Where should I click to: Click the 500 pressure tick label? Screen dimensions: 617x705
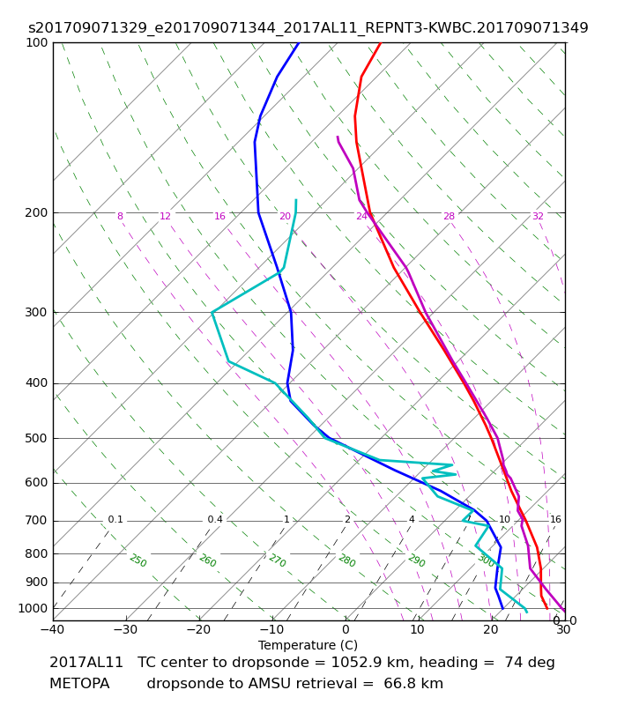point(36,438)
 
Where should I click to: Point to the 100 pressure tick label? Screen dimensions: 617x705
point(36,42)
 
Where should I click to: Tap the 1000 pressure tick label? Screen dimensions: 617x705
point(33,608)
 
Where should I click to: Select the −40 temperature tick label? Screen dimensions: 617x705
point(53,629)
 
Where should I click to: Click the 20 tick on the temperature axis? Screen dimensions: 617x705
point(491,629)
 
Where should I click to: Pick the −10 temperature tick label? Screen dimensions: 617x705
point(271,629)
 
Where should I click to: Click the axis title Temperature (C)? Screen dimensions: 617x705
point(308,645)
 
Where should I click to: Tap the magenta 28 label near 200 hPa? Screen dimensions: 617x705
point(450,216)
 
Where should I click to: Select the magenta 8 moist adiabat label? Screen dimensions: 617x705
point(120,216)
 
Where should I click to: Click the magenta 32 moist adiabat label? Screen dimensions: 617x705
point(538,216)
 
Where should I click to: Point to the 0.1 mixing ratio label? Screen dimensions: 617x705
point(115,519)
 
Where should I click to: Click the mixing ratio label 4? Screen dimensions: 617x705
point(412,519)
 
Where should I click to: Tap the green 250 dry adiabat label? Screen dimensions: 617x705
point(138,560)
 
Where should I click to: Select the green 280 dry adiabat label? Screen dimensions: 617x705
point(346,560)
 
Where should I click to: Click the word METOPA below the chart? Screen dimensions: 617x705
point(79,684)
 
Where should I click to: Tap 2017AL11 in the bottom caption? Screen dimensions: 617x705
point(85,663)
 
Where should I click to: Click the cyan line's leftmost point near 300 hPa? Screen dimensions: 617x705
point(212,312)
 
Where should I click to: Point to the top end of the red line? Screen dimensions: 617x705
point(381,42)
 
